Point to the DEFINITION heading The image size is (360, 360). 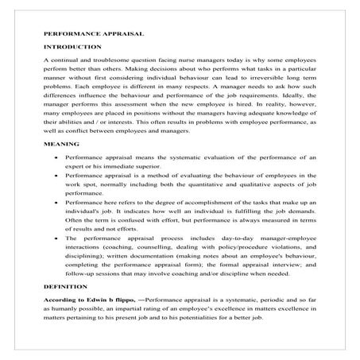point(65,285)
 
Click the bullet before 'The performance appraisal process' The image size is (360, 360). point(54,238)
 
